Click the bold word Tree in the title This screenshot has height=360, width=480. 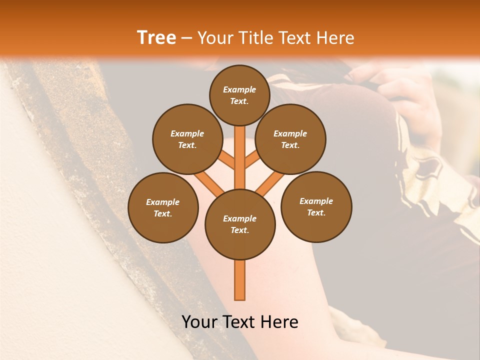point(156,38)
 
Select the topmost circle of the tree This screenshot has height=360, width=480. point(239,95)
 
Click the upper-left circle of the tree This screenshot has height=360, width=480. point(187,139)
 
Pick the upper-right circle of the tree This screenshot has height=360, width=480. point(290,139)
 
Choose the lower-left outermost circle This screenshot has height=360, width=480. point(163,207)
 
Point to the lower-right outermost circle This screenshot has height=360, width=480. point(316,206)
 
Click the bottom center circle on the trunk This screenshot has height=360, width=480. point(239,224)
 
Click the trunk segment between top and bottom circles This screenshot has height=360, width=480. point(239,157)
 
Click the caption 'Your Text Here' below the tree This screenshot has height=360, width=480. point(239,322)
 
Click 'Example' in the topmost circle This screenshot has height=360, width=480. point(239,89)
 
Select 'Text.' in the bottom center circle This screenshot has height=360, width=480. point(239,230)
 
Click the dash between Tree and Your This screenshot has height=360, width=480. point(186,38)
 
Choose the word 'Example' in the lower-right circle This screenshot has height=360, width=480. point(316,201)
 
